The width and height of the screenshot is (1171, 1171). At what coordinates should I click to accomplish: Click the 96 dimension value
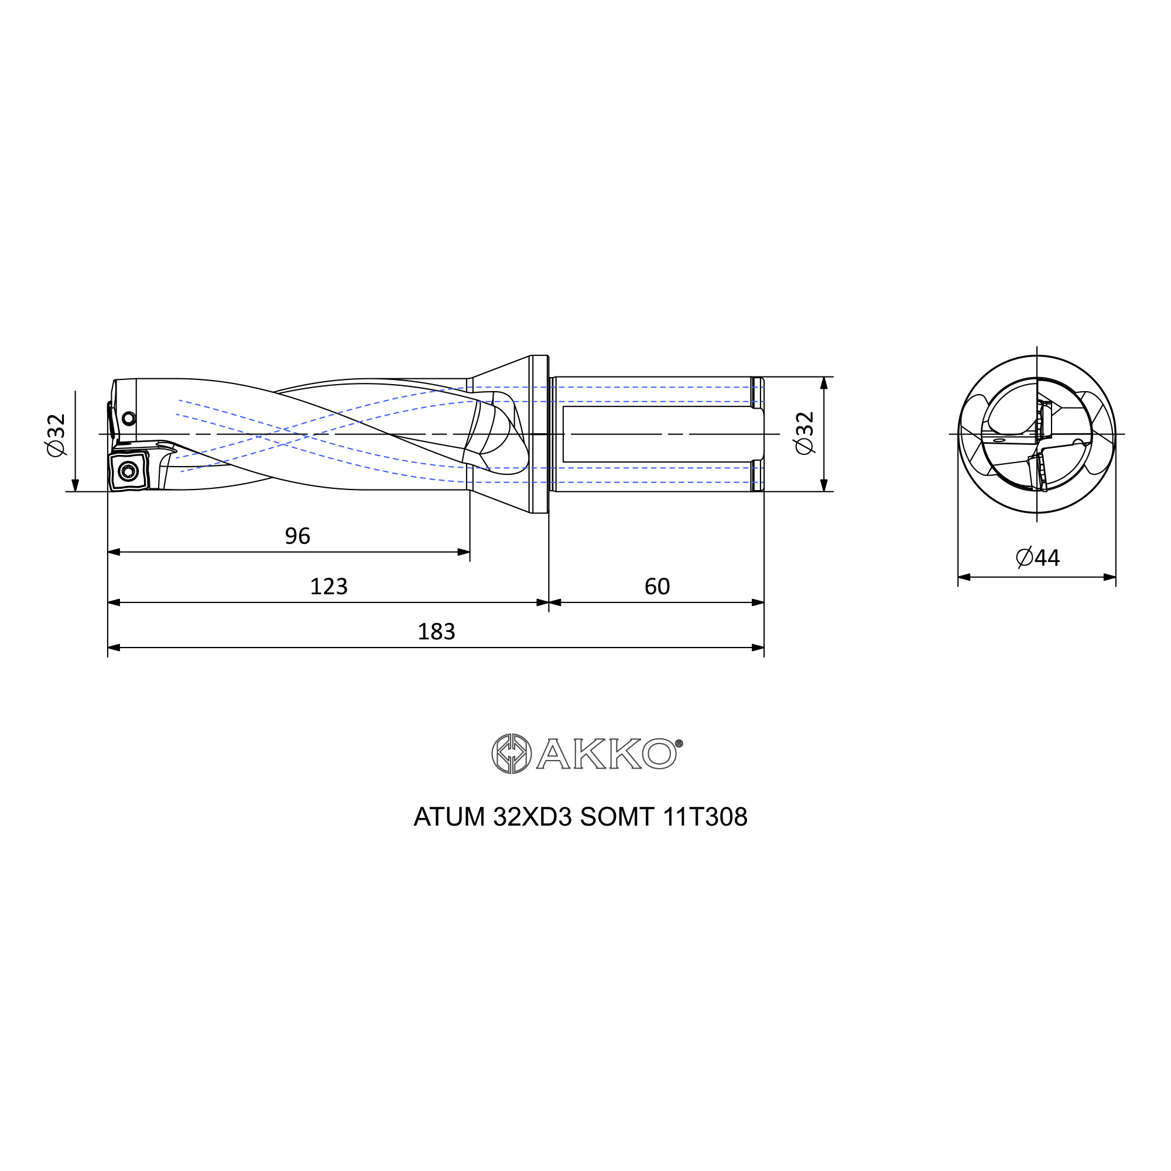tap(297, 536)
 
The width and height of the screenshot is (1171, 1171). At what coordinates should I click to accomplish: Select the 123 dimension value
tap(328, 587)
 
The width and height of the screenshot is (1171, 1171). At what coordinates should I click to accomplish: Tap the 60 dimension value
tap(657, 587)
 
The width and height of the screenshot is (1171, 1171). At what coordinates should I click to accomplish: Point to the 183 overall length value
tap(436, 632)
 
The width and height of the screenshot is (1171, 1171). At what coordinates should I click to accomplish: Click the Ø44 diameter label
tap(1038, 557)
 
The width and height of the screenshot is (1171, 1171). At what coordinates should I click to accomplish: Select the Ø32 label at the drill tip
tap(56, 434)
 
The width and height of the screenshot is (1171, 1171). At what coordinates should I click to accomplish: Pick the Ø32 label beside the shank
tap(804, 433)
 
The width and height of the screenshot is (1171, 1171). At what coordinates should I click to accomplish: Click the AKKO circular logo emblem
tap(512, 754)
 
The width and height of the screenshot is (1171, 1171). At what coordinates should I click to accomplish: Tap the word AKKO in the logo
tap(606, 754)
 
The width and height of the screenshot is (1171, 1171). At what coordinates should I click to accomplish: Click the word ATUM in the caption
tap(449, 817)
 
